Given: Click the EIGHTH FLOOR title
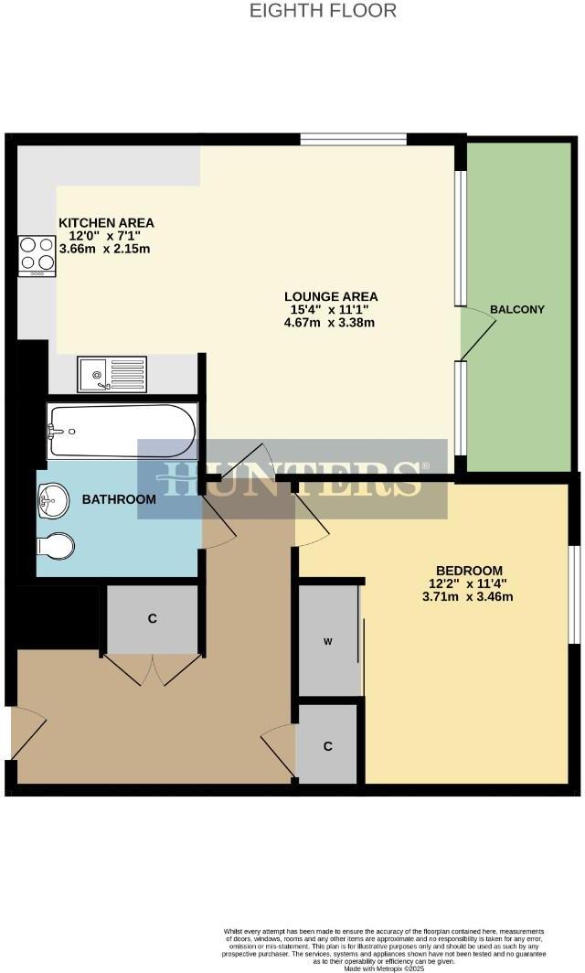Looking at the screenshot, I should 324,11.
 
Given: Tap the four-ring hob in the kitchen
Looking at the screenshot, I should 37,255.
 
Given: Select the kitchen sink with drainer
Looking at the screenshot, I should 112,373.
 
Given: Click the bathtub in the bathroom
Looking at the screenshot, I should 122,432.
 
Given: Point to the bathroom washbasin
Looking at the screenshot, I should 53,500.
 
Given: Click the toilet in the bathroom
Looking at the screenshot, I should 55,545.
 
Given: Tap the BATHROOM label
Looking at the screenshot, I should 119,500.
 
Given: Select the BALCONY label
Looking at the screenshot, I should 516,309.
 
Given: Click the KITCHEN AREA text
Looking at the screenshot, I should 106,222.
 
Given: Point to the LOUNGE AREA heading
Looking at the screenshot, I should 330,296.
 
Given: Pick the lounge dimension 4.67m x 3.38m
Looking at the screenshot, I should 330,323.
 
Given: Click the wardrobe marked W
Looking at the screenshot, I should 328,640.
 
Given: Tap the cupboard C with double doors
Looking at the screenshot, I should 153,619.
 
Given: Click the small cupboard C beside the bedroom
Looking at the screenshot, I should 328,744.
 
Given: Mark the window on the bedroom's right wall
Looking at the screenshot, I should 573,594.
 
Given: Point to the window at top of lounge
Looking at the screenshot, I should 354,139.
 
